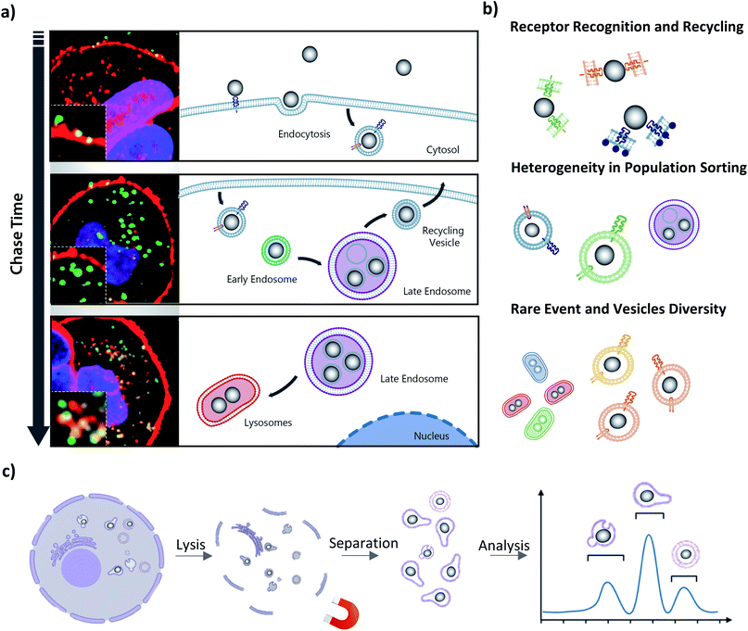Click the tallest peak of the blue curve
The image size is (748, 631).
pyautogui.click(x=649, y=536)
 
